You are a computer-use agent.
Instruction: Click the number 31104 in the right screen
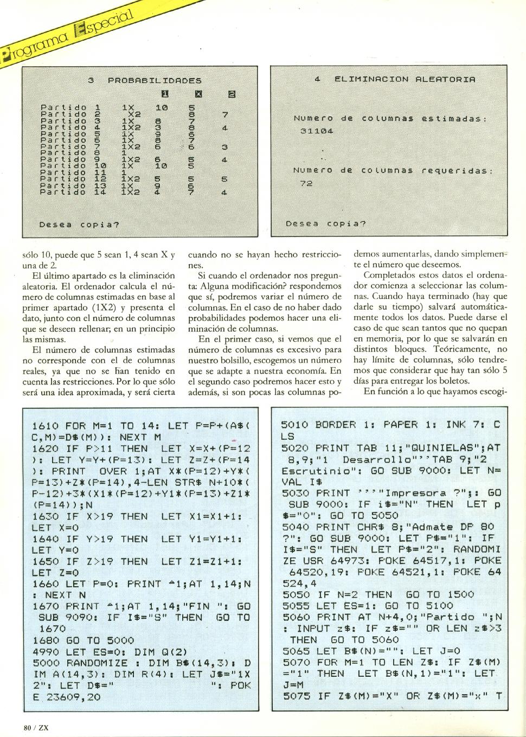(317, 131)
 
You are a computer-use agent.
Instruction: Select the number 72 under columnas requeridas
(306, 183)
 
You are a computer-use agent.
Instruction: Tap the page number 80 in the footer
(27, 727)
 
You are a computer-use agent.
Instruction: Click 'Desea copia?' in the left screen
(79, 224)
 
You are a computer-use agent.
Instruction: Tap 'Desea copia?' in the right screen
(326, 223)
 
